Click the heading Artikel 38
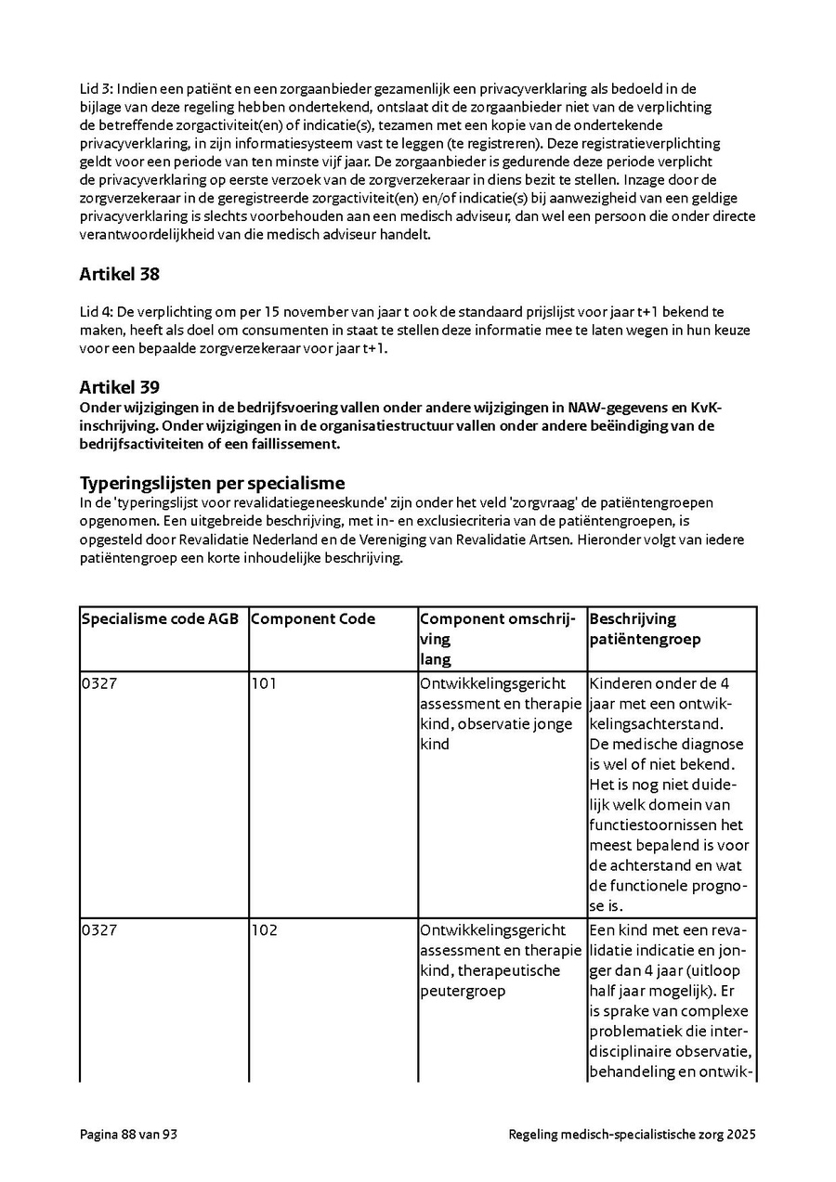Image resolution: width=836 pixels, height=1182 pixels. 119,274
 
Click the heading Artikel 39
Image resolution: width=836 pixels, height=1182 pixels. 119,386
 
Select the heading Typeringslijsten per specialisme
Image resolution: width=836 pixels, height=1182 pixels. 212,483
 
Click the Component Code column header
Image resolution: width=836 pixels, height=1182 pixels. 313,619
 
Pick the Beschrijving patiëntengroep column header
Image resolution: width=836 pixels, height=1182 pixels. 646,629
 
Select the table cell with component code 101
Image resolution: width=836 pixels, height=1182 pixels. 264,684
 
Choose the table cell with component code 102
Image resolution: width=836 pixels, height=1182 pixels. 264,930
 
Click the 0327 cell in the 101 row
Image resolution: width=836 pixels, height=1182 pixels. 99,684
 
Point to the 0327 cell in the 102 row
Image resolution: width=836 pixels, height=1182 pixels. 99,930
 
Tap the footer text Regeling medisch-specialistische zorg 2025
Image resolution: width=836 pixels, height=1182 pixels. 632,1134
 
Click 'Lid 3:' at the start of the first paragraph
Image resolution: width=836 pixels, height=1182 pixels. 96,89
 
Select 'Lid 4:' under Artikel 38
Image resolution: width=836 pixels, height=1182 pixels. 96,311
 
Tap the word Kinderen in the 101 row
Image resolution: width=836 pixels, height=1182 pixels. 620,684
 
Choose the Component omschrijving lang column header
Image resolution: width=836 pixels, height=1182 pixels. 502,639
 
